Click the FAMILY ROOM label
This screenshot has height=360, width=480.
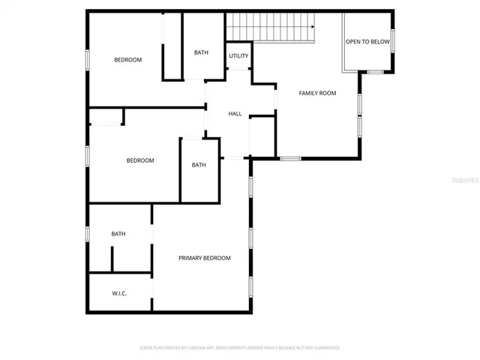[x=317, y=93]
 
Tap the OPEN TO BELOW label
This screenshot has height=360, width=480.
[x=367, y=42]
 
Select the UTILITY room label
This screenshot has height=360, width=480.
[x=238, y=56]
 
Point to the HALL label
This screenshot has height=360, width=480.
[x=235, y=114]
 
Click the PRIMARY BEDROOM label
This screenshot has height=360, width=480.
[x=204, y=258]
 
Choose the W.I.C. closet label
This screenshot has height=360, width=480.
[x=119, y=293]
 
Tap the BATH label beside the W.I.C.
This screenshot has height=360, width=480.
[x=118, y=234]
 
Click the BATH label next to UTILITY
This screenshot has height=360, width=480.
[x=201, y=52]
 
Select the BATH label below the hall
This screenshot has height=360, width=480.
[x=198, y=165]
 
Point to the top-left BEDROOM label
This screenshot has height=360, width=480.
[x=127, y=60]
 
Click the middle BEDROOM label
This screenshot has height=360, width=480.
[x=139, y=160]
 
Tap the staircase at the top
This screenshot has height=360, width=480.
[x=270, y=27]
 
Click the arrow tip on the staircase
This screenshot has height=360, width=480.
[x=313, y=26]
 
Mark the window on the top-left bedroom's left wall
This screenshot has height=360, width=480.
[x=87, y=60]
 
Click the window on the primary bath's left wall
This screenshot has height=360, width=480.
[x=87, y=234]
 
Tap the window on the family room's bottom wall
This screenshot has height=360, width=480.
[x=289, y=158]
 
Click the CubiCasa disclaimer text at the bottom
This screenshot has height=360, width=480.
[x=240, y=348]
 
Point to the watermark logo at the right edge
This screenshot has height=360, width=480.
[x=466, y=181]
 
